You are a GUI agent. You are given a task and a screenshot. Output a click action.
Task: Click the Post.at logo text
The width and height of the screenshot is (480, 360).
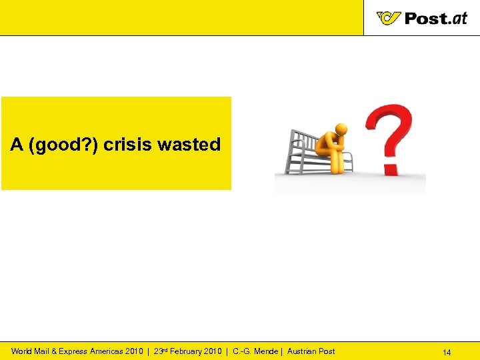coord(436,18)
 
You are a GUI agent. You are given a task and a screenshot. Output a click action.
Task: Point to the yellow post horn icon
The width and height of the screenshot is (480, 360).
coord(389,18)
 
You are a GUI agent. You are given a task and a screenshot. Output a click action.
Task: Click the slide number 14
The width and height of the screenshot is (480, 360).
coord(447,352)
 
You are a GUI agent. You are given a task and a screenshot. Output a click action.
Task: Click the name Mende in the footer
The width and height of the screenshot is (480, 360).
coord(267,351)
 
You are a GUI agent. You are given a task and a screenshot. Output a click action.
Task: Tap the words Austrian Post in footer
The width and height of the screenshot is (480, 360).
coord(311,351)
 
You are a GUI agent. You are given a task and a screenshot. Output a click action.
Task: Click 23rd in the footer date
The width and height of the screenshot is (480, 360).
coord(161,351)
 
